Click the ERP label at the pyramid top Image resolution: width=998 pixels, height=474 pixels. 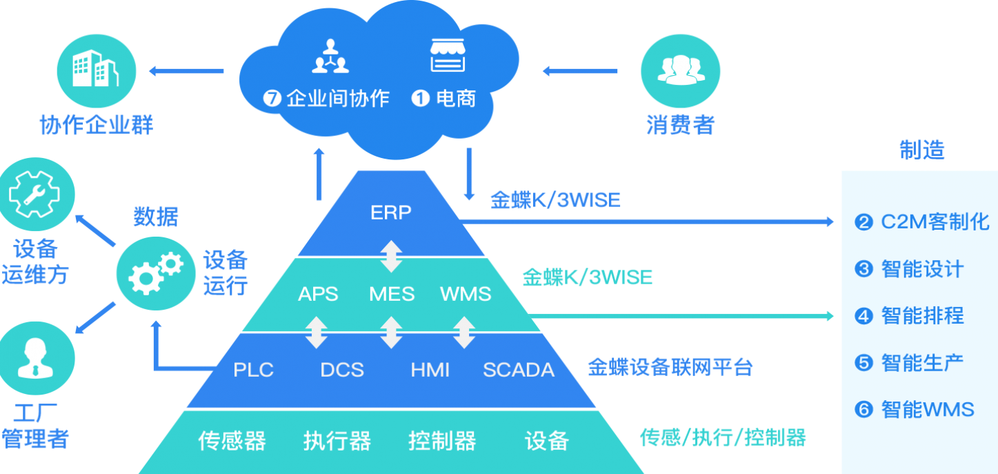click(390, 212)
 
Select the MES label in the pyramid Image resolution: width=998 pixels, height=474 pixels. click(391, 294)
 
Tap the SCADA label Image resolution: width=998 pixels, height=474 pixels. click(518, 370)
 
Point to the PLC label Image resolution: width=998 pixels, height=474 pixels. click(253, 370)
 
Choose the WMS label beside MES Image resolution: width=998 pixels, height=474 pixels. click(466, 294)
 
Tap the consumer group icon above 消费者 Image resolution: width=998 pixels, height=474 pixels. click(680, 70)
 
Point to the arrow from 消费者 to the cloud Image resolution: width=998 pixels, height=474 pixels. click(580, 70)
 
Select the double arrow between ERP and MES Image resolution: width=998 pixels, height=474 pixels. click(391, 255)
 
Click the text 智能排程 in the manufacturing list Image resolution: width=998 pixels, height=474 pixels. click(922, 316)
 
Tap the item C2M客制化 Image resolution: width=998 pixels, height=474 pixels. click(935, 222)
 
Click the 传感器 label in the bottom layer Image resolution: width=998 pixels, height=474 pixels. click(232, 441)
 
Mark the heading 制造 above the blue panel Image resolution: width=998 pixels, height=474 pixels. click(921, 150)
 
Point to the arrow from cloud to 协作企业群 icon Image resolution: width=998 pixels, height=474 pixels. click(186, 70)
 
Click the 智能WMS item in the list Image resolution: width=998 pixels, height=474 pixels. click(927, 410)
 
